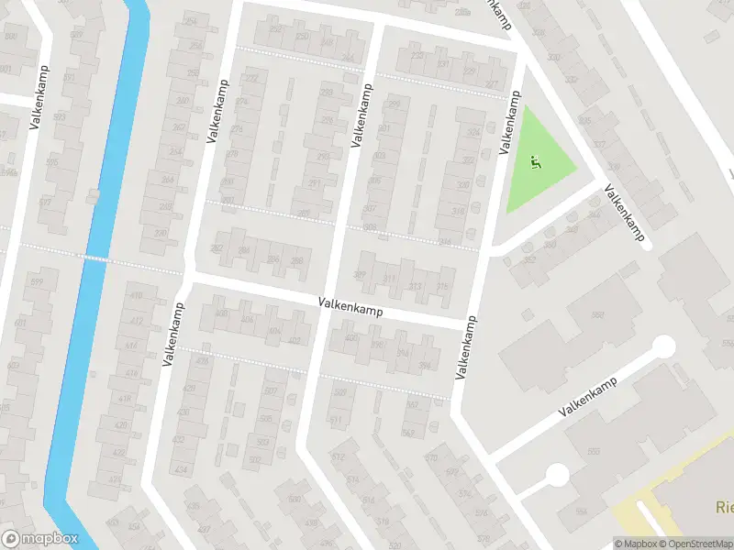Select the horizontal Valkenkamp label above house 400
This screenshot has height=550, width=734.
[351, 308]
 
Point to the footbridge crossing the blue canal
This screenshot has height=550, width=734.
[92, 258]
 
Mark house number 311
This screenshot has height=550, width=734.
[389, 280]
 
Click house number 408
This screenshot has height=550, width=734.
[220, 313]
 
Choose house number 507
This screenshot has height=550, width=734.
[270, 391]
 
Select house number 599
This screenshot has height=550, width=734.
[37, 282]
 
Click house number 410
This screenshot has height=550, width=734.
[136, 296]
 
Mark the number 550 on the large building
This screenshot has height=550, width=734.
[594, 451]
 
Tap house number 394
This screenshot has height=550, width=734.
[424, 367]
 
